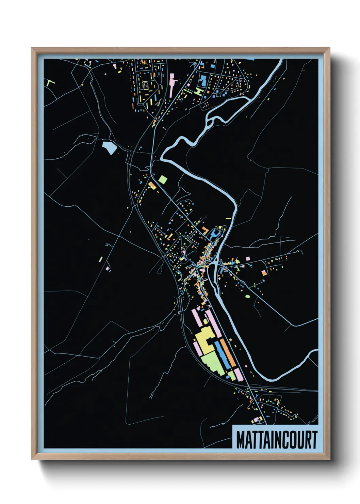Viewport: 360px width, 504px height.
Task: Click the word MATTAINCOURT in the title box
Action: (x=276, y=440)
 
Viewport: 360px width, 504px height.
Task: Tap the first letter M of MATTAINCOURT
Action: (x=240, y=440)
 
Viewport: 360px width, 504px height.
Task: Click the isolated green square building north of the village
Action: (x=163, y=179)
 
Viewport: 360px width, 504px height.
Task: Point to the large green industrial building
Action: (x=214, y=362)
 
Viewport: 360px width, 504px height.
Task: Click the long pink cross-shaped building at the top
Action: (x=172, y=83)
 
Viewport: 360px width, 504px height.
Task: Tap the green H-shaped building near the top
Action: (x=199, y=91)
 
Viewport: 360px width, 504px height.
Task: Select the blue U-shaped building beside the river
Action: (x=215, y=234)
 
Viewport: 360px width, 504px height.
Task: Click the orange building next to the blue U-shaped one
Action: (x=205, y=230)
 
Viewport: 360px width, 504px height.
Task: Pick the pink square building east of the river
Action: (x=247, y=259)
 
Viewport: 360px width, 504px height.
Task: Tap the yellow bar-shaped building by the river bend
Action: (x=228, y=218)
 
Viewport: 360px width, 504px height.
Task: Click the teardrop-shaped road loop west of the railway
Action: (x=159, y=269)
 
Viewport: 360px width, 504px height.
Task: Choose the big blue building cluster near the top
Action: (x=203, y=80)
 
